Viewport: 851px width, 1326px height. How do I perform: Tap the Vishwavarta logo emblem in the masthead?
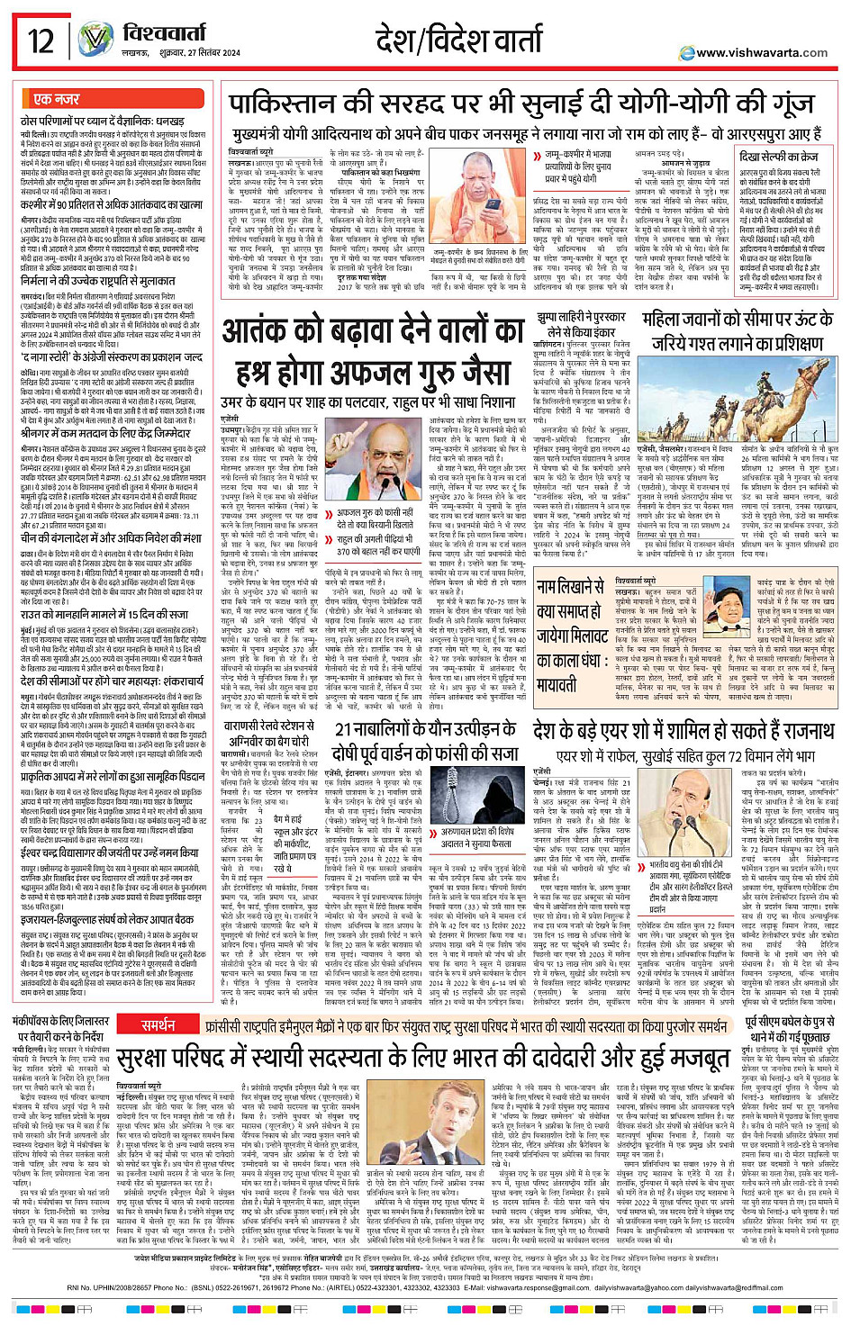coord(95,41)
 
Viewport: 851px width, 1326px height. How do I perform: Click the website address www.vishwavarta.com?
coord(761,52)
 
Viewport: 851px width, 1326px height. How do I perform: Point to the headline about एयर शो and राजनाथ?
coord(683,729)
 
